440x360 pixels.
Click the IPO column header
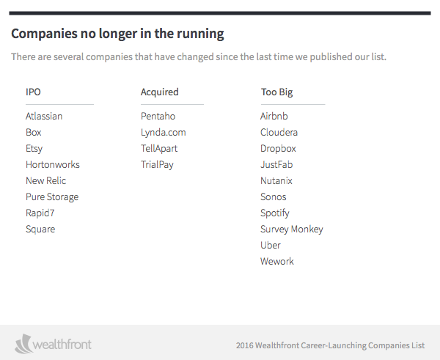coord(34,92)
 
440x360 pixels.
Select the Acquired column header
coord(159,92)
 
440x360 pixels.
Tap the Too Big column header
coord(276,92)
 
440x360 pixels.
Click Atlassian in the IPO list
coord(44,116)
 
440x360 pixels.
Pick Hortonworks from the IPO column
coord(52,164)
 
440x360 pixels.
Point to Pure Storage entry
coord(51,196)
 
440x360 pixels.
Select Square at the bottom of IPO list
coord(40,229)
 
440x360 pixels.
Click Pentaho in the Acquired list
coord(158,116)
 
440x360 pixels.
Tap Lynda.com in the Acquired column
coord(163,132)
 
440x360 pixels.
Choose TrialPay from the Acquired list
coord(157,164)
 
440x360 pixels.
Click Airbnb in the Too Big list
coord(274,116)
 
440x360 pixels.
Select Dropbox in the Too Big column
coord(278,148)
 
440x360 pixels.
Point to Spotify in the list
coord(275,213)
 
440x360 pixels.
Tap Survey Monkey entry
coord(291,229)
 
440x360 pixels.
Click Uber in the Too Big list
coord(271,245)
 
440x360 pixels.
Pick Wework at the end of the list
coord(276,261)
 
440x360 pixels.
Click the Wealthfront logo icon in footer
coord(24,343)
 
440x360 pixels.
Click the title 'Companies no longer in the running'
coord(117,34)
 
